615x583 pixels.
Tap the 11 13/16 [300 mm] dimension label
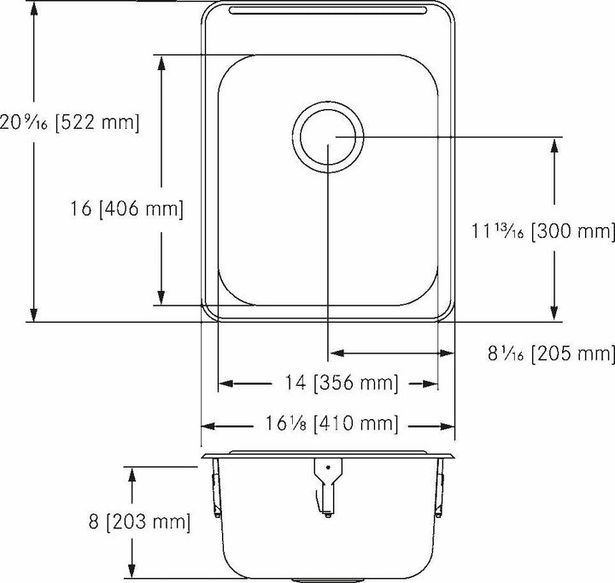click(x=543, y=230)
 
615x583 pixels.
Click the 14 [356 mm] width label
click(x=328, y=384)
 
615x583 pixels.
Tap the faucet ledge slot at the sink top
click(x=328, y=11)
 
